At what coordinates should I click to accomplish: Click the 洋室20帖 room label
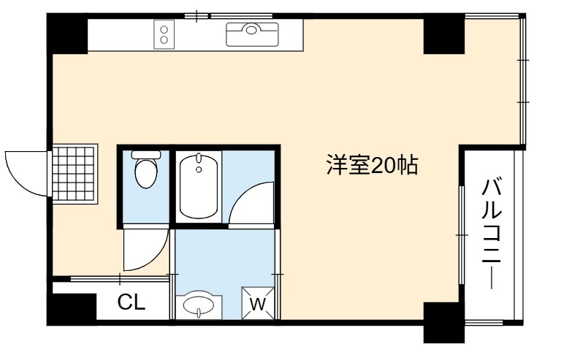pos(372,165)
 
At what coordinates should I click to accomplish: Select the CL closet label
pos(131,302)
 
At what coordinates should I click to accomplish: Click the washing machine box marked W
pos(258,303)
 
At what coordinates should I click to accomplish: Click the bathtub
pos(199,186)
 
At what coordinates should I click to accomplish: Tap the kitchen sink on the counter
pos(252,34)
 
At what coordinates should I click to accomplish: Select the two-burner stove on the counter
pos(164,34)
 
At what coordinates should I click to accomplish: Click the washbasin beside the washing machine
pos(199,306)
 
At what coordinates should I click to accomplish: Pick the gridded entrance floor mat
pos(75,174)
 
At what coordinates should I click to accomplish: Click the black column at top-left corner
pos(67,34)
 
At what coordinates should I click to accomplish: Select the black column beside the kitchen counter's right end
pos(444,34)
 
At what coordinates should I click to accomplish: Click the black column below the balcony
pos(444,323)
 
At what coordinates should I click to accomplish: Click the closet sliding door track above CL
pos(120,279)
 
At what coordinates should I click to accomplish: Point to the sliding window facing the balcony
pos(462,235)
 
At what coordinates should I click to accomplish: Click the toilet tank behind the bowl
pos(146,155)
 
